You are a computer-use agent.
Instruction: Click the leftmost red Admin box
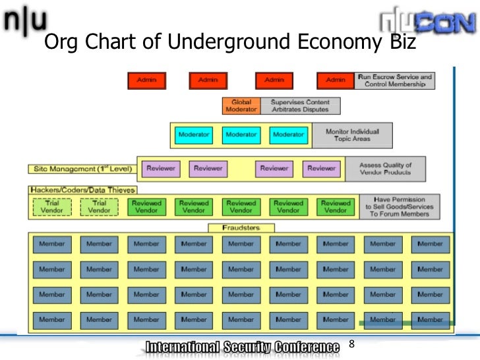[147, 80]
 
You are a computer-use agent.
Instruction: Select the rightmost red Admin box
[336, 80]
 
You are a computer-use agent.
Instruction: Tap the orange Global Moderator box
[241, 105]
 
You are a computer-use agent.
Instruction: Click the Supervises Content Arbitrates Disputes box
[300, 105]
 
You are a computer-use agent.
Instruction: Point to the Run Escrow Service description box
[394, 80]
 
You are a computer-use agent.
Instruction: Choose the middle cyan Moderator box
[241, 135]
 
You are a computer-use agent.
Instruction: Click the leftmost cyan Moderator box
[194, 135]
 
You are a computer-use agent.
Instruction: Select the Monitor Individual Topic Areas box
[351, 135]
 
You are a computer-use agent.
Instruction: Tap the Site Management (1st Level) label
[82, 169]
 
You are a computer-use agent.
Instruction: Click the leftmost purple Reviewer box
[161, 169]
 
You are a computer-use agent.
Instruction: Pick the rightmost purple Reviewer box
[322, 169]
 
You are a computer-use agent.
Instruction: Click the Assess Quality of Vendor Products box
[384, 169]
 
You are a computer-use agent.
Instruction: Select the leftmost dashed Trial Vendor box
[52, 207]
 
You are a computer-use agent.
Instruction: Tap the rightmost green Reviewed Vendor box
[336, 207]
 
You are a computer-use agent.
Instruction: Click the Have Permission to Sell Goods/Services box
[400, 207]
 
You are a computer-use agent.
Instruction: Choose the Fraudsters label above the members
[241, 227]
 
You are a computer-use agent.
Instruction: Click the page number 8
[351, 344]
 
